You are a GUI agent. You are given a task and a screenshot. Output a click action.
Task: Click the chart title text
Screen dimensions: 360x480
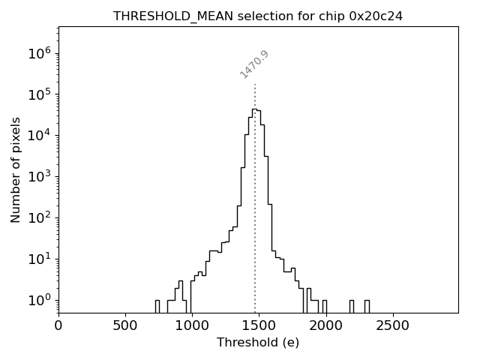(258, 16)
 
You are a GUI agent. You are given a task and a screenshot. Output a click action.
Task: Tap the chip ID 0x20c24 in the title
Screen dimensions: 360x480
(376, 16)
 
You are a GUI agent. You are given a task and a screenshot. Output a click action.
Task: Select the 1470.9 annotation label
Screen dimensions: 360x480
(254, 64)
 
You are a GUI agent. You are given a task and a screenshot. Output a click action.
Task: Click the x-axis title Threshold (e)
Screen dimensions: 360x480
(258, 343)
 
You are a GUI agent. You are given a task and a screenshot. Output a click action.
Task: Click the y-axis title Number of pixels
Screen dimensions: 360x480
(16, 169)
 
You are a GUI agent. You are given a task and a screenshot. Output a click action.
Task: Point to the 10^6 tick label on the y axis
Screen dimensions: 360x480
(39, 53)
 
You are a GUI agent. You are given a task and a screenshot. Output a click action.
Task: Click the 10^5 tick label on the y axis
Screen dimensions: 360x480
(39, 94)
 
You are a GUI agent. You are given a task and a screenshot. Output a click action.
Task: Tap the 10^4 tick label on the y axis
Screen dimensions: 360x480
(39, 136)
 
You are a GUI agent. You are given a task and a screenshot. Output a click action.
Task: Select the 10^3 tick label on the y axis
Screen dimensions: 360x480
(39, 177)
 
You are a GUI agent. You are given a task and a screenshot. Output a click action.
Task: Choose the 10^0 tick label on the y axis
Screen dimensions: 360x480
(39, 300)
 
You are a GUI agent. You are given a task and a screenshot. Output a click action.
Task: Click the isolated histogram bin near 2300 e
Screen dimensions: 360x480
(367, 305)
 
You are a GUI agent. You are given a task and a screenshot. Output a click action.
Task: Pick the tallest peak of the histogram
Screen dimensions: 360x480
(254, 109)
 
